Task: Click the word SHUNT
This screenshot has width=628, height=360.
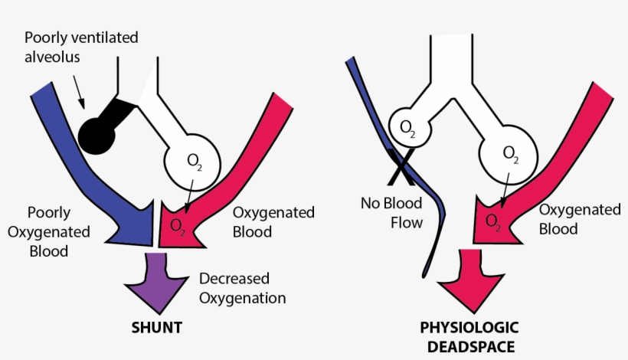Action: (x=156, y=327)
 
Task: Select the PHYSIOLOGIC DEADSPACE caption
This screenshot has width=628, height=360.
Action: (x=466, y=336)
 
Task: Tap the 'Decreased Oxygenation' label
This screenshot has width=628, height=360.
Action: (x=242, y=288)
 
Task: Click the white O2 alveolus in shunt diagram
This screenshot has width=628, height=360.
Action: (x=194, y=162)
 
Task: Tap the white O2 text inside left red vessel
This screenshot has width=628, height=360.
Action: (x=178, y=224)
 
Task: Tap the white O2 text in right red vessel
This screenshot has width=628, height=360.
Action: (x=494, y=221)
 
